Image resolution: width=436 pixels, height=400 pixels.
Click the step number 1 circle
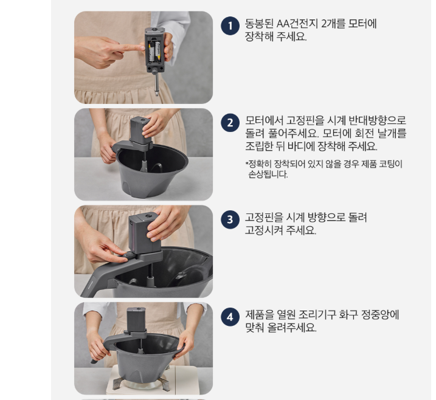click(230, 26)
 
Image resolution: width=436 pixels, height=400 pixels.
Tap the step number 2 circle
click(230, 123)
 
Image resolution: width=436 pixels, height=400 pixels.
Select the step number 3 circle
click(230, 219)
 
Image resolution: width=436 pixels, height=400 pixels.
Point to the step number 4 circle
click(230, 317)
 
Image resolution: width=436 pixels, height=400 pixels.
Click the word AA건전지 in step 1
click(297, 24)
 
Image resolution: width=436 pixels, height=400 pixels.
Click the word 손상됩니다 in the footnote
click(268, 174)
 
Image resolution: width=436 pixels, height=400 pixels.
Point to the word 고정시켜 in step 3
click(263, 230)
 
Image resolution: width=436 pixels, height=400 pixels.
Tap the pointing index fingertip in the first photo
click(142, 48)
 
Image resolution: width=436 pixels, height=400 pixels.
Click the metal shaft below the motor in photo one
click(156, 84)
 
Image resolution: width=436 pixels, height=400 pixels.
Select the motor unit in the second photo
click(140, 131)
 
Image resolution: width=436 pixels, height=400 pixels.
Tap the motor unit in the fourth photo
click(136, 320)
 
